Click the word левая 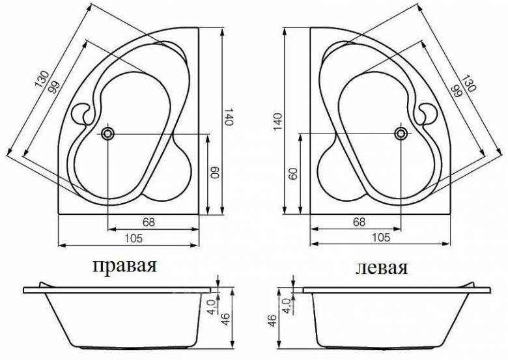pos(382,268)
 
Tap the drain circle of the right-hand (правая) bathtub pos(107,133)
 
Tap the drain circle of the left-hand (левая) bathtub pos(400,133)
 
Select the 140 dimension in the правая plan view pos(228,118)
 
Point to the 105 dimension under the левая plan pos(382,238)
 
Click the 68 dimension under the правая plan pos(148,221)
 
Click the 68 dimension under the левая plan pos(359,221)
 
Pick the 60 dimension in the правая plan pos(212,173)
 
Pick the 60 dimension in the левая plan pos(293,173)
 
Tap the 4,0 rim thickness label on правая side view pos(211,305)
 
